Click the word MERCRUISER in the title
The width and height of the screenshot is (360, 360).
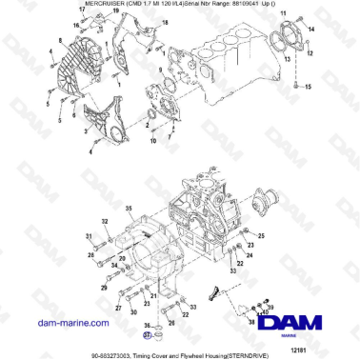pos(77,5)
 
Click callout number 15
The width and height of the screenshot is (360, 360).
pos(307,87)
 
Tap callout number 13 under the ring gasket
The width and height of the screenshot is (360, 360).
pos(286,58)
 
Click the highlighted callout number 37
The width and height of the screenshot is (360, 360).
pos(147,335)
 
